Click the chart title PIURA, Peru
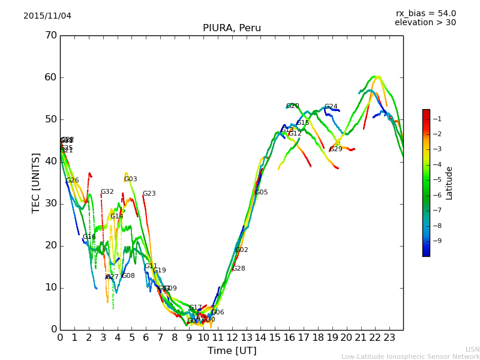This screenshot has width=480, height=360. pos(232,28)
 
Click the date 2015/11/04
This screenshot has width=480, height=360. pos(47,16)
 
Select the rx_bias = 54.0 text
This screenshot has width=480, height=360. pos(425,14)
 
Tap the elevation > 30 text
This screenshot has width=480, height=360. pos(425,23)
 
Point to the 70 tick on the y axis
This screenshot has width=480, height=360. pos(50,35)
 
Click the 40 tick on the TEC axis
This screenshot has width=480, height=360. pos(50,161)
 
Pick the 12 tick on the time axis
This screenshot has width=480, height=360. pos(232,337)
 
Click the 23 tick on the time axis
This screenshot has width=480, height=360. pos(389,337)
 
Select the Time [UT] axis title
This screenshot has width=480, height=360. pos(232,351)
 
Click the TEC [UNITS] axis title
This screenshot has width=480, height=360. pos(36,182)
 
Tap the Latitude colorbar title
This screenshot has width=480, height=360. pos(449,183)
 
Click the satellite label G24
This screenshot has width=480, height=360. pos(331,107)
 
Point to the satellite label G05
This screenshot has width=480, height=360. pos(262,193)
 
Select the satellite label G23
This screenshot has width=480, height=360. pos(149,194)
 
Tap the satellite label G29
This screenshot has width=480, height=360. pos(336,149)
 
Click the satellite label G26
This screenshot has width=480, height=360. pos(73,181)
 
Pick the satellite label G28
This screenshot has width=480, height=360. pos(239,269)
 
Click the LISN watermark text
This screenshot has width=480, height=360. pos(472,349)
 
